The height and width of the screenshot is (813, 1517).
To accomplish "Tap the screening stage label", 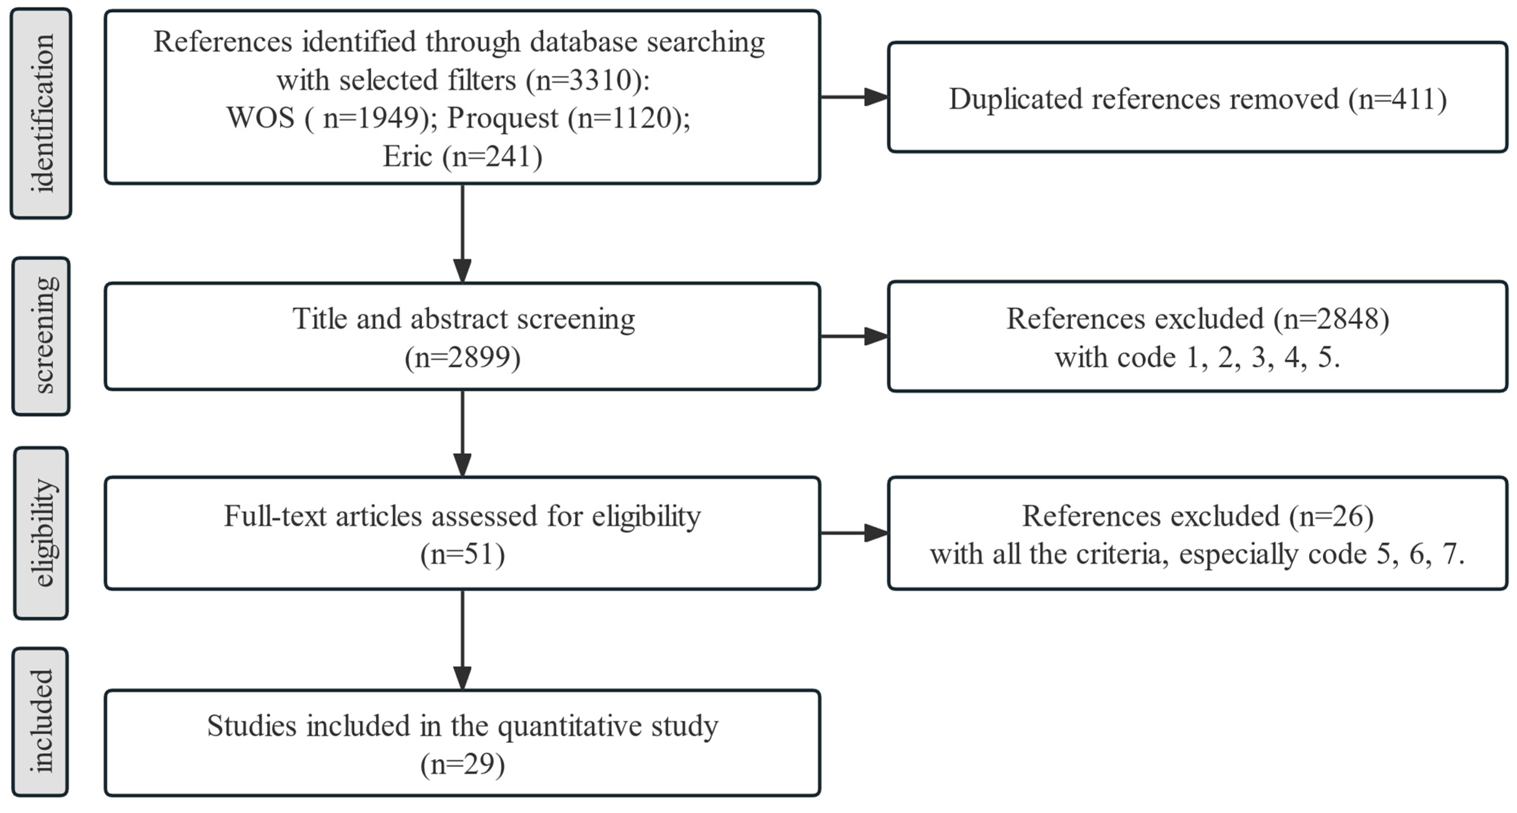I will tap(41, 336).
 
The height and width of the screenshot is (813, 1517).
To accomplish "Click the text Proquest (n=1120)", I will tap(568, 118).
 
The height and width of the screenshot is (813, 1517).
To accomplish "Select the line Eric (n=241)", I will tap(462, 156).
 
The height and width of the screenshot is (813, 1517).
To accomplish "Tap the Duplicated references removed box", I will tap(1197, 98).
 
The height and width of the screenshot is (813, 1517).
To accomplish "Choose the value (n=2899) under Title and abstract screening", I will tap(462, 357).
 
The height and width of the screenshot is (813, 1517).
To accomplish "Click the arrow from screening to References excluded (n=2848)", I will tap(854, 336).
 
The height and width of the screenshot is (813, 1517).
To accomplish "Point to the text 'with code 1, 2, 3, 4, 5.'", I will tap(1197, 357).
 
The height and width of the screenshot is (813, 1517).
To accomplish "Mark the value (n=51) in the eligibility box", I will tap(462, 554).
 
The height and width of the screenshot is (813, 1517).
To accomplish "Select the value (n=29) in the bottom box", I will tap(462, 764).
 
